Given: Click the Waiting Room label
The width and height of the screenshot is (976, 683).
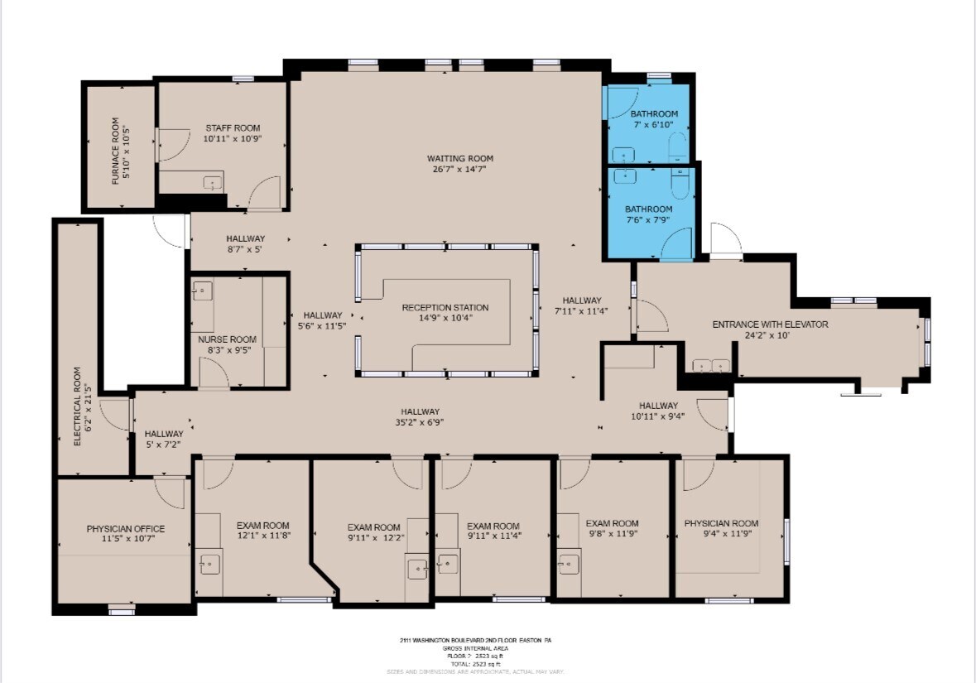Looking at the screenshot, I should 460,158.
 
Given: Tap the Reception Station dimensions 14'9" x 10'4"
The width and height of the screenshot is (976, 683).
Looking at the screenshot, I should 445,318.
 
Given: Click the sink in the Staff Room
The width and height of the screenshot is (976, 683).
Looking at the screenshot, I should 213,184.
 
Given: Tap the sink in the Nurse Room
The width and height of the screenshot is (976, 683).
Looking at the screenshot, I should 203,291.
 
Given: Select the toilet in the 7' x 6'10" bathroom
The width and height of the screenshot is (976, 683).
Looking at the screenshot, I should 676,150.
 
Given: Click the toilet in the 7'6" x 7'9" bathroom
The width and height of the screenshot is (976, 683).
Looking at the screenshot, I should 680,184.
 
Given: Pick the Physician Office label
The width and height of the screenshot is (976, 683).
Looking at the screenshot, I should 126,529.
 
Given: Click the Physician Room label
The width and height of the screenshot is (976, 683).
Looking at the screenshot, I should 721,523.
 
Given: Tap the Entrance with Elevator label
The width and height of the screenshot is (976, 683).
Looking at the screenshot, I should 770,325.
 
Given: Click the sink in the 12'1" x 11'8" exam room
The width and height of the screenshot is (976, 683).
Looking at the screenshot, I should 209,564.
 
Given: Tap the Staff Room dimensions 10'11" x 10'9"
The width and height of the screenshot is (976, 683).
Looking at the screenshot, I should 232,139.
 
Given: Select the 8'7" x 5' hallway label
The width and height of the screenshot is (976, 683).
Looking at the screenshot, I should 245,238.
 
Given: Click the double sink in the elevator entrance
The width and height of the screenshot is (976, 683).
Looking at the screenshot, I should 711,365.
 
